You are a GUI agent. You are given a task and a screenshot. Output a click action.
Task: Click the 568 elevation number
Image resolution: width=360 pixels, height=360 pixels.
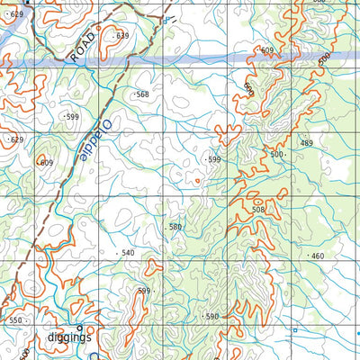click(x=141, y=94)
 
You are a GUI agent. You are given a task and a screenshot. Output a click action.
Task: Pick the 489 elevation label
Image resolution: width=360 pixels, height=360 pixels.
click(x=306, y=143)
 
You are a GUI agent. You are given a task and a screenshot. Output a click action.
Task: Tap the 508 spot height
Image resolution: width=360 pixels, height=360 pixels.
click(x=259, y=210)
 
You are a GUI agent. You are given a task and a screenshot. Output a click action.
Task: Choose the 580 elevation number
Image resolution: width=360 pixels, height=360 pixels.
click(x=175, y=227)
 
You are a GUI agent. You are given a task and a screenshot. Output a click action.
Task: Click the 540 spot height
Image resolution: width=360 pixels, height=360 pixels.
click(x=127, y=253)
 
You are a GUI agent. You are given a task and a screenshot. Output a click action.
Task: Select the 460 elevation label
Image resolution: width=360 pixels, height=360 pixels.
click(x=316, y=256)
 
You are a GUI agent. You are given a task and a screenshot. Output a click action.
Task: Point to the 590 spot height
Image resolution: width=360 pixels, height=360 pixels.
click(x=211, y=317)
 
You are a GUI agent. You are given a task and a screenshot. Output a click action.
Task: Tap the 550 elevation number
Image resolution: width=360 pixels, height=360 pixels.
click(x=15, y=320)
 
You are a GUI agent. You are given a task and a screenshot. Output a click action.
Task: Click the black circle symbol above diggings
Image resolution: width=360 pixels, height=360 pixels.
click(x=79, y=326)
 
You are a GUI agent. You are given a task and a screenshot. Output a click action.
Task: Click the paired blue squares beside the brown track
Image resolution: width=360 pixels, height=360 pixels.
click(x=166, y=19)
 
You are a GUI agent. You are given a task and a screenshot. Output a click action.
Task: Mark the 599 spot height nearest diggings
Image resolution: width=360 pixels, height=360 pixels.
click(x=144, y=291)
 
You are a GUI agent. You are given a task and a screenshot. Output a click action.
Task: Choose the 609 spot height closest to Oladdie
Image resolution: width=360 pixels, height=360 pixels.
click(x=46, y=163)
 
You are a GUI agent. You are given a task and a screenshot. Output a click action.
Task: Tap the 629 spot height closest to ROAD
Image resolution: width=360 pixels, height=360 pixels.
click(x=16, y=15)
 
